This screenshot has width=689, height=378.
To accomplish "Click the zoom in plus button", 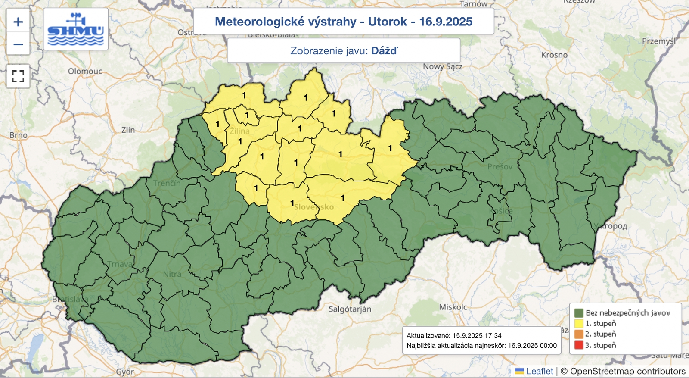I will (x=18, y=22).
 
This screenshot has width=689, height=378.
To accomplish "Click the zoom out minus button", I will (x=18, y=44).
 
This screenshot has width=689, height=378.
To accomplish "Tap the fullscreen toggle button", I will (x=18, y=76).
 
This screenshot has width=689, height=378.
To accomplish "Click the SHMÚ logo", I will (x=76, y=29).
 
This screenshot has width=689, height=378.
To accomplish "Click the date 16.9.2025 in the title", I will (x=446, y=22).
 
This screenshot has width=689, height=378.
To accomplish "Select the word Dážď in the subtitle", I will (x=384, y=51).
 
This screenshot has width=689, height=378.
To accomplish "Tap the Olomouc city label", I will (x=85, y=71).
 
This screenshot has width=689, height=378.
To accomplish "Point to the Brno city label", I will (x=18, y=135).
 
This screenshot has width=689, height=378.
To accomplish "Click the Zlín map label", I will (x=128, y=130).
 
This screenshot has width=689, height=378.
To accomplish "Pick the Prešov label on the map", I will (x=500, y=166).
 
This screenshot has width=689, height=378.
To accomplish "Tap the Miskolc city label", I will (x=453, y=307).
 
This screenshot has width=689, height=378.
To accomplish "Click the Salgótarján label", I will (x=350, y=309).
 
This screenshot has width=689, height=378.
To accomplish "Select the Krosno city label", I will (x=554, y=55).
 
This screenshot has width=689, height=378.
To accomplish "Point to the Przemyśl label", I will (x=658, y=41).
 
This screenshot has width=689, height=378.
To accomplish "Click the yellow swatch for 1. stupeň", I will (x=579, y=323).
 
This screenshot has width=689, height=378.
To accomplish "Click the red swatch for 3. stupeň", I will (x=579, y=345).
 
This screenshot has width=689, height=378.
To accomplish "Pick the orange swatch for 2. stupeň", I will (x=579, y=334).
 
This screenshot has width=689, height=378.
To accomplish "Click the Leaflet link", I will (x=540, y=371).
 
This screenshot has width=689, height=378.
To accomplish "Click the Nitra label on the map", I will (x=172, y=274).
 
